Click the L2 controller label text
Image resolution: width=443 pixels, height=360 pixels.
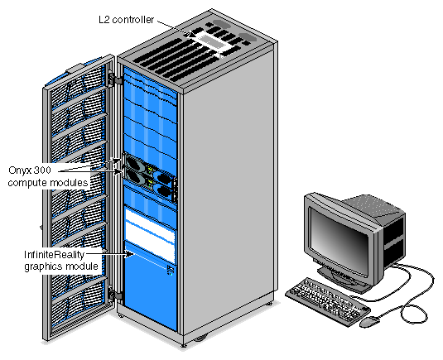pos(126,20)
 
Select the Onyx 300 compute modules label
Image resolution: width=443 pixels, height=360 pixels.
pos(48,176)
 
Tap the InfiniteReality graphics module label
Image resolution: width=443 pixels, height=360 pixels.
pos(61,261)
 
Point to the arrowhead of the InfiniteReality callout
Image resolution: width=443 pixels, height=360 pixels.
pos(130,254)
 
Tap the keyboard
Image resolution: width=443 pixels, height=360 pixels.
pos(327,301)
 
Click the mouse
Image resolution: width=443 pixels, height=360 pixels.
pos(370,322)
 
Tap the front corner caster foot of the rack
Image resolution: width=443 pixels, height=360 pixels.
pos(184,345)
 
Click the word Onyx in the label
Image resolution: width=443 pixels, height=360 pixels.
pos(20,170)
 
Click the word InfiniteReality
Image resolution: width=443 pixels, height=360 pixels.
pos(55,255)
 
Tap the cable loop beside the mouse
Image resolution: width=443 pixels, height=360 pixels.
pos(416,310)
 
